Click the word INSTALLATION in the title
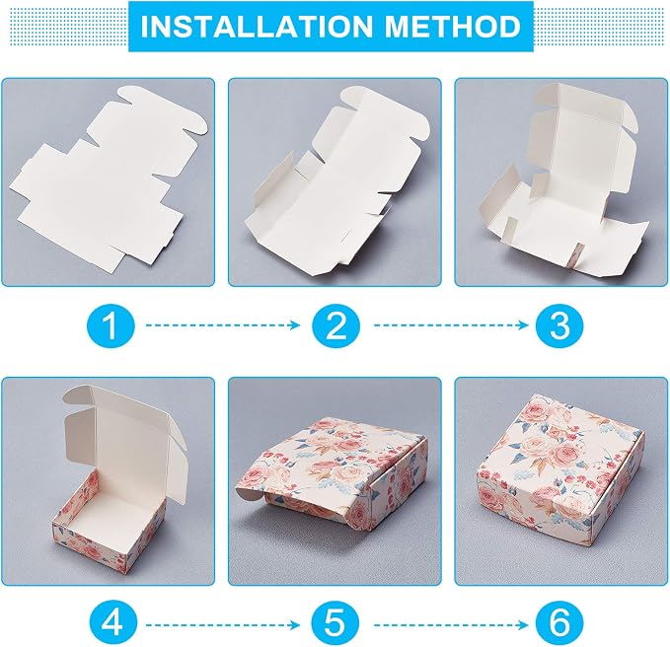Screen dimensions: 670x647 (257, 27)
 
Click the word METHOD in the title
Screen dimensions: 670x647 (453, 27)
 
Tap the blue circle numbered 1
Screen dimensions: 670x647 (112, 325)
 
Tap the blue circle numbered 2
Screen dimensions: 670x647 (335, 325)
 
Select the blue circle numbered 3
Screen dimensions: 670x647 (559, 325)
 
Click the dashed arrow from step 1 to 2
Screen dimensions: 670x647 (223, 325)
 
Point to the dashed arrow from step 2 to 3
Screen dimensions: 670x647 (451, 325)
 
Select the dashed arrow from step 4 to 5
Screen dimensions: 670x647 (223, 625)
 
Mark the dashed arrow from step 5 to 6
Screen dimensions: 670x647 (451, 625)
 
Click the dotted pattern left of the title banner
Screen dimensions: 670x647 (65, 27)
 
